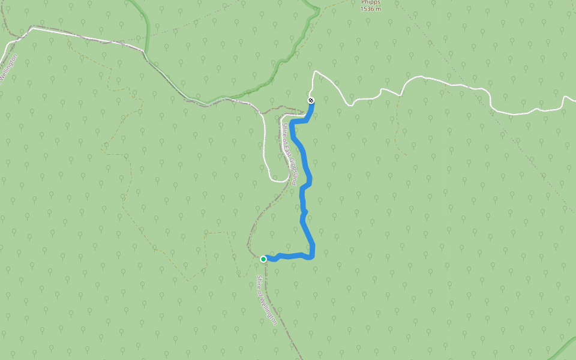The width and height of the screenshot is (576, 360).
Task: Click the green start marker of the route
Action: [x=263, y=259]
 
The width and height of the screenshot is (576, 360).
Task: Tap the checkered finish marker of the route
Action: [x=311, y=100]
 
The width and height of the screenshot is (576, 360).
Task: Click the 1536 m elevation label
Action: [x=371, y=9]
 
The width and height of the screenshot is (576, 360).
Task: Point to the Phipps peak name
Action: [x=371, y=2]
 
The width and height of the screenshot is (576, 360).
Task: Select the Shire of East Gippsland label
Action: [x=290, y=152]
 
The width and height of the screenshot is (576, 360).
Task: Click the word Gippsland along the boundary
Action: [x=293, y=168]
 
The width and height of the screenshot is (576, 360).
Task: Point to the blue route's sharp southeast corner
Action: [x=313, y=257]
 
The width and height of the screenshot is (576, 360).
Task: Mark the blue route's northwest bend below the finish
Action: [x=292, y=122]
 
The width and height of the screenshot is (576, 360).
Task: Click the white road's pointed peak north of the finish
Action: [x=314, y=71]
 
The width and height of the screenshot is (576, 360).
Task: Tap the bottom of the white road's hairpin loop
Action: [x=278, y=179]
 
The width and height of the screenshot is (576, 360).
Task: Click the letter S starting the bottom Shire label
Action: [x=259, y=277]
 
